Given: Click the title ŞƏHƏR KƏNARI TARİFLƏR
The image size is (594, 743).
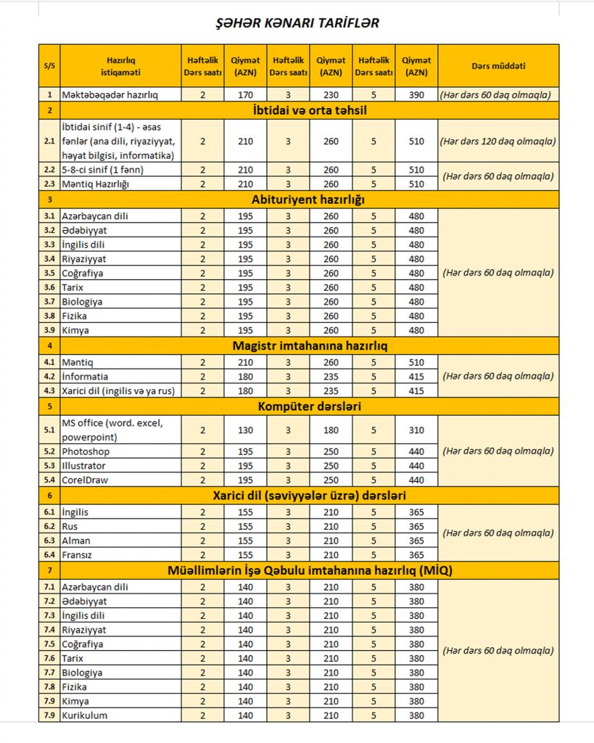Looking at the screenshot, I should click(x=297, y=23).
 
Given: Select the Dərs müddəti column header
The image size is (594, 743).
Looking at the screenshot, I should click(x=498, y=65).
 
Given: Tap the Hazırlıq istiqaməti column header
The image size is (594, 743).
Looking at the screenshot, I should click(x=120, y=65).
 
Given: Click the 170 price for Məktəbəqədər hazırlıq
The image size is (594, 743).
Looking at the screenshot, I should click(x=245, y=94).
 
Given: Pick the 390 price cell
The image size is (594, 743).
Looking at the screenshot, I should click(x=416, y=94).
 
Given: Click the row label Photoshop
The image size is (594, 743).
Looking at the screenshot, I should click(x=85, y=451).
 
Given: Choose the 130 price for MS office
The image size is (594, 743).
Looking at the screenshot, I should click(x=245, y=430).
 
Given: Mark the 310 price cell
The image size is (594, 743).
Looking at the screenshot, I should click(x=416, y=430).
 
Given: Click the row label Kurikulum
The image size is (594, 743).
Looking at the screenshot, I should click(x=85, y=715).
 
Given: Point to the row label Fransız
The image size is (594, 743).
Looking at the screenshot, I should click(x=78, y=555).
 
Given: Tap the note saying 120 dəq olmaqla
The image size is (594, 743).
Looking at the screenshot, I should click(x=498, y=141).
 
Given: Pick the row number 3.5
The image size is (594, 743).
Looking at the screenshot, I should click(x=49, y=274).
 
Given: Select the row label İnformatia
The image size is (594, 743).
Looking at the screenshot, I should click(x=85, y=377).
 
